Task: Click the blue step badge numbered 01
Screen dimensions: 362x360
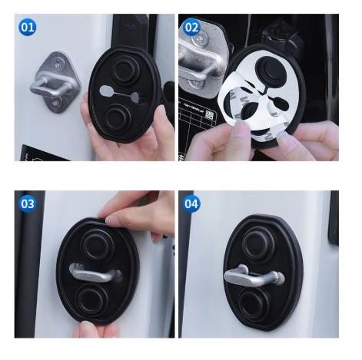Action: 28,27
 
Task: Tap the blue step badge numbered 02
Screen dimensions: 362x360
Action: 191,27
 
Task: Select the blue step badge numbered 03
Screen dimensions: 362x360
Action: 28,204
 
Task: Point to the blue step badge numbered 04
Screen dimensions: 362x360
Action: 191,204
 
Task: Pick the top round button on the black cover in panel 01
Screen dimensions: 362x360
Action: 126,69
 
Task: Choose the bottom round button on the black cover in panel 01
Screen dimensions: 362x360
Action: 118,117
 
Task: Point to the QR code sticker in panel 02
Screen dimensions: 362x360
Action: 210,114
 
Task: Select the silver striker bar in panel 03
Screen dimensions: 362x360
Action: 95,272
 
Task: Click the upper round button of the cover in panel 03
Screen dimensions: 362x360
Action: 98,245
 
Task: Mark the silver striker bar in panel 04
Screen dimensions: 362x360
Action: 254,276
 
